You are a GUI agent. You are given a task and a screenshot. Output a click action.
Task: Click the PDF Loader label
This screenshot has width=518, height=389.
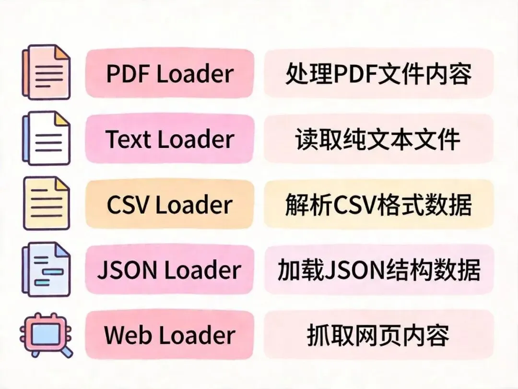[169, 73]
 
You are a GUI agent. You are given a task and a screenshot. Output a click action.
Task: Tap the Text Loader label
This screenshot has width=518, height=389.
[169, 139]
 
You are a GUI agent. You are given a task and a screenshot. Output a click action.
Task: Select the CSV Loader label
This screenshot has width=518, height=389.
[169, 205]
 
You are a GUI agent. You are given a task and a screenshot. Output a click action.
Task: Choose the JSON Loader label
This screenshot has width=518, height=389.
[169, 270]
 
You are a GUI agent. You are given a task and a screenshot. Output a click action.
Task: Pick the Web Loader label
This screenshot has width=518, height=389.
[169, 335]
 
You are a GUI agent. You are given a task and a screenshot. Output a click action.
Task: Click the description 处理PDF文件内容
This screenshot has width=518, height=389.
[378, 73]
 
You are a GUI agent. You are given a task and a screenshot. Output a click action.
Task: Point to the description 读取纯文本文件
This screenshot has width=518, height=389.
[378, 139]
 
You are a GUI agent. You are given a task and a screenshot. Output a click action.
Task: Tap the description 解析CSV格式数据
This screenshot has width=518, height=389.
[378, 205]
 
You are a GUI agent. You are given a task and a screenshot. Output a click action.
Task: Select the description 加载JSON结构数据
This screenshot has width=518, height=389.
[378, 270]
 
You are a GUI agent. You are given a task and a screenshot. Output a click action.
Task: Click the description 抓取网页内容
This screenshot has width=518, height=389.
[378, 335]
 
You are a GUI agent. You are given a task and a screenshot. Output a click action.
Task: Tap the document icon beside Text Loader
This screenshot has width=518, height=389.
[46, 138]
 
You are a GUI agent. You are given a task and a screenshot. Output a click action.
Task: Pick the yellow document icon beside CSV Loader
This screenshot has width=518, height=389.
[47, 204]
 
